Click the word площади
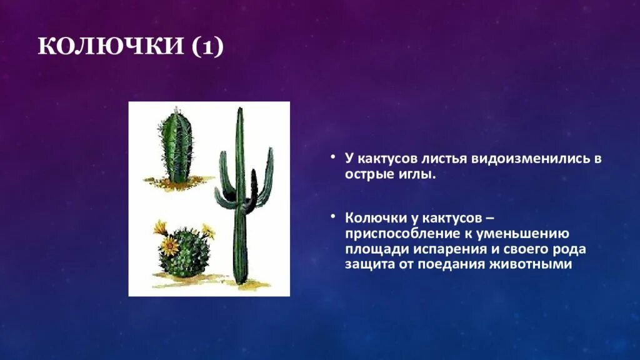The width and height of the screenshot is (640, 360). (x=376, y=249)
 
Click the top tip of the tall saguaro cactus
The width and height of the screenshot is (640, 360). (x=239, y=110)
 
